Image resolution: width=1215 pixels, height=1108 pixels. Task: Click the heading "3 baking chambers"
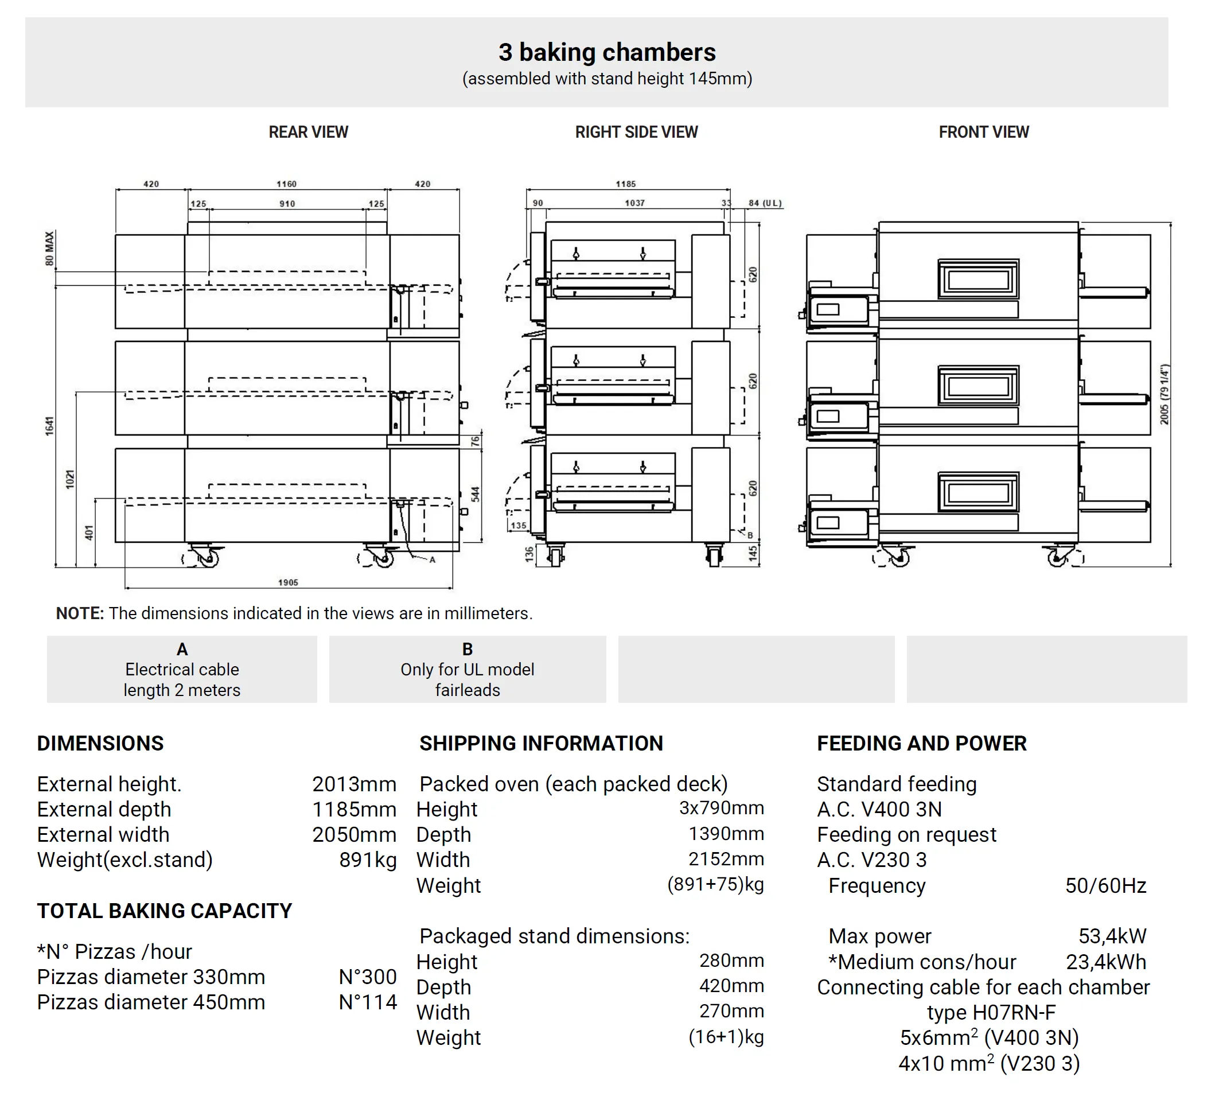pyautogui.click(x=607, y=52)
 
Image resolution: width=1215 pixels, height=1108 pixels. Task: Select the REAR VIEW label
pyautogui.click(x=308, y=132)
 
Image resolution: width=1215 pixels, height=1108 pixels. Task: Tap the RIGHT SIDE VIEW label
pyautogui.click(x=636, y=132)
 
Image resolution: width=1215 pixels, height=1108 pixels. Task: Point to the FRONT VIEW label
pyautogui.click(x=984, y=132)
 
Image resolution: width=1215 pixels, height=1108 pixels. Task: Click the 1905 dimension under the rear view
pyautogui.click(x=288, y=582)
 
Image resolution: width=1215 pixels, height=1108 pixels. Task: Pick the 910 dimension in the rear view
pyautogui.click(x=287, y=204)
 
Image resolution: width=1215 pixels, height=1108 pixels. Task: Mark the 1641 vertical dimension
pyautogui.click(x=49, y=426)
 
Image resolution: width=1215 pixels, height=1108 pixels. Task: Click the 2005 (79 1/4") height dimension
pyautogui.click(x=1165, y=394)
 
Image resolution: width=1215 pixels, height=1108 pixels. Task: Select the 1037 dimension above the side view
pyautogui.click(x=634, y=203)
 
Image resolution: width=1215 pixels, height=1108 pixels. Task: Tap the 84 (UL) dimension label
pyautogui.click(x=765, y=203)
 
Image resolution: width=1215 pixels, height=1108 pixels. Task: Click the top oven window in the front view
pyautogui.click(x=978, y=279)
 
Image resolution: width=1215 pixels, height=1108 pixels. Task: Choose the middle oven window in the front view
pyautogui.click(x=978, y=385)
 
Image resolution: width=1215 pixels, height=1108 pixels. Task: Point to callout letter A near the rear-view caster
pyautogui.click(x=432, y=560)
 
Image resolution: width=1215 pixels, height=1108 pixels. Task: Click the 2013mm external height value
pyautogui.click(x=354, y=784)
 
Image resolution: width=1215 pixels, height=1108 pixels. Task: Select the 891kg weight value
pyautogui.click(x=368, y=860)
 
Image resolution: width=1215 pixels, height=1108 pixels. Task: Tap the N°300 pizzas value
pyautogui.click(x=368, y=977)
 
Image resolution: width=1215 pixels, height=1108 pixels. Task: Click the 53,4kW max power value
pyautogui.click(x=1112, y=936)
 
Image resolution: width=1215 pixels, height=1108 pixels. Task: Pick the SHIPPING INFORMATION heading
pyautogui.click(x=541, y=744)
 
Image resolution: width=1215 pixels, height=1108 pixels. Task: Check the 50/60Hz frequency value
pyautogui.click(x=1105, y=885)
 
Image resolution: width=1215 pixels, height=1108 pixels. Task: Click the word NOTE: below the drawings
pyautogui.click(x=80, y=614)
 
